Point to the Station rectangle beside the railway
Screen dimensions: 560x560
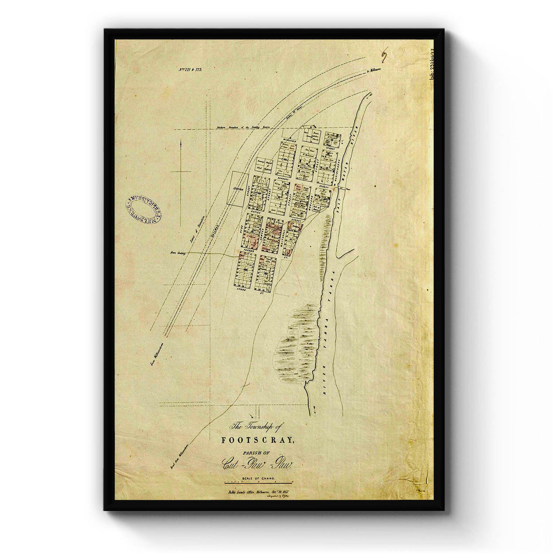point(238,188)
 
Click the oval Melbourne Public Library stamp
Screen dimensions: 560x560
point(143,209)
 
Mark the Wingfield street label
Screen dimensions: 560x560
point(289,139)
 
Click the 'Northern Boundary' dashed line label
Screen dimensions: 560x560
point(243,127)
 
